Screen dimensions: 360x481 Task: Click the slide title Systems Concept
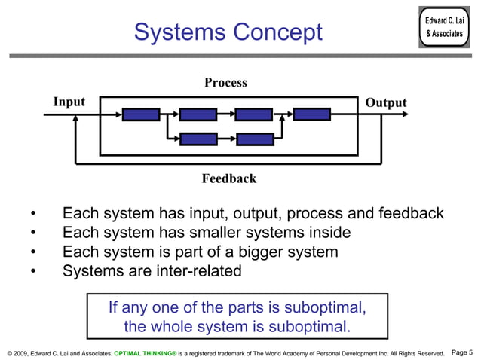(x=228, y=32)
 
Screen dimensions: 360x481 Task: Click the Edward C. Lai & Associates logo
(x=444, y=27)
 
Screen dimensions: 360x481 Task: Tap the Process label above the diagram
(x=225, y=83)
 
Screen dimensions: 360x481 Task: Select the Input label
(x=69, y=102)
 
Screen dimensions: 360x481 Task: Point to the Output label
(x=385, y=102)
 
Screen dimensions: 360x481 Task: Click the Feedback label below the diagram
(x=228, y=178)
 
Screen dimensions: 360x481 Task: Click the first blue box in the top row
(x=141, y=114)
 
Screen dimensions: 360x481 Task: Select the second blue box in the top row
(x=198, y=114)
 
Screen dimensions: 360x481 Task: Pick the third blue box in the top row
(x=253, y=114)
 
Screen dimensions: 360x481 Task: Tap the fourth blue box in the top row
(x=311, y=114)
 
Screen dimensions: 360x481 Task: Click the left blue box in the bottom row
(x=198, y=139)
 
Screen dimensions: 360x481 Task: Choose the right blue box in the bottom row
(x=254, y=139)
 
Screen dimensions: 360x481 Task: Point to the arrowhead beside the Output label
(x=405, y=114)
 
